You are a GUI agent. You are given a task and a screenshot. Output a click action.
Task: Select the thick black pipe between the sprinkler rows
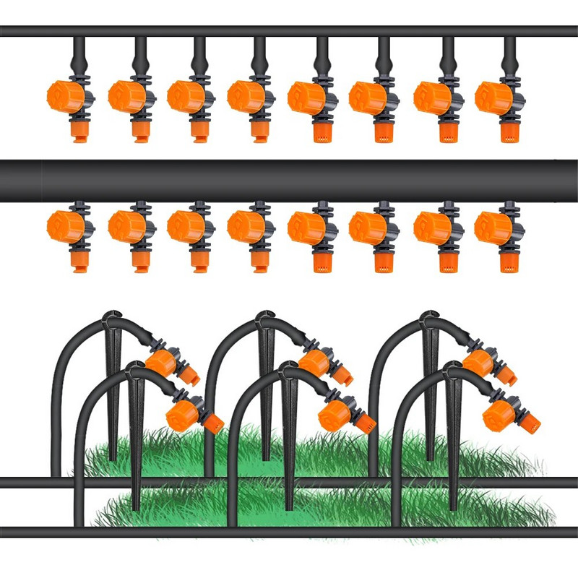point(289,181)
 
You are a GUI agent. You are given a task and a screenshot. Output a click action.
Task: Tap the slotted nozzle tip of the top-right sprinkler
point(509,132)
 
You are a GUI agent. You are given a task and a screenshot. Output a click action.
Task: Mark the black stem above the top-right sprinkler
point(509,54)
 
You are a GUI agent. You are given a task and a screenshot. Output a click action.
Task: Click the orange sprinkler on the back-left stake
point(165,361)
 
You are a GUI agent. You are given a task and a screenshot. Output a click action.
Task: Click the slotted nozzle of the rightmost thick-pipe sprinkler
point(509,262)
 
